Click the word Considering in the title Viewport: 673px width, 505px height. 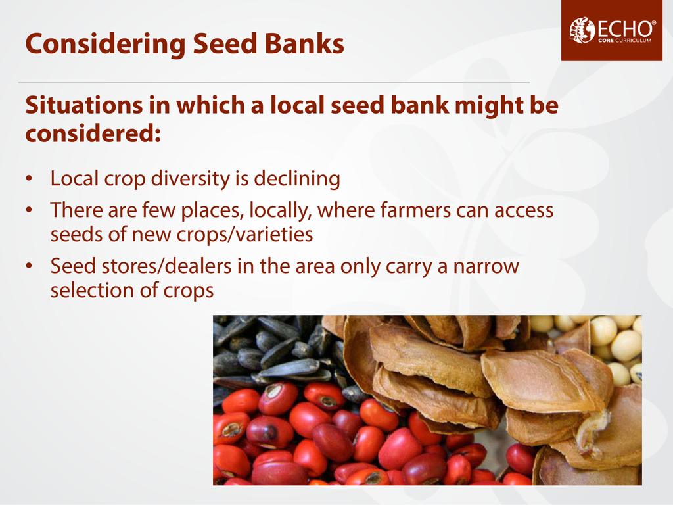pos(104,45)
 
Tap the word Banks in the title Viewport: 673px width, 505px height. pos(304,43)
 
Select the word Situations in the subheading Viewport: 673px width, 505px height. pos(83,105)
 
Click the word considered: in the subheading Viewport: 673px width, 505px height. pos(93,133)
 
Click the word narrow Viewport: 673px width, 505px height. pos(486,267)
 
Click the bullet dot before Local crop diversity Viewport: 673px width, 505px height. pos(29,179)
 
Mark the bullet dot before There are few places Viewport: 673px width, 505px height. pos(29,210)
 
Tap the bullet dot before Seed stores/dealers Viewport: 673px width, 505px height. pos(29,266)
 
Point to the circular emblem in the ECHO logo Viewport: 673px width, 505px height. pos(582,30)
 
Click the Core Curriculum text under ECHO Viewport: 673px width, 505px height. pos(624,41)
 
